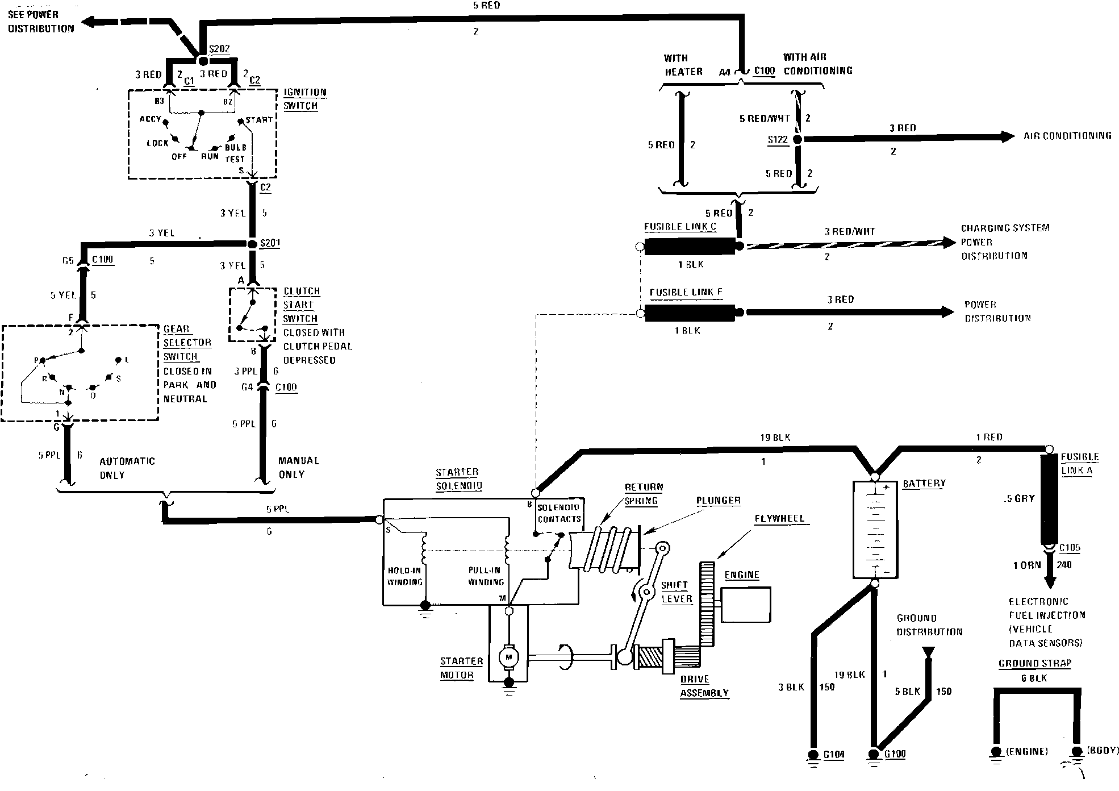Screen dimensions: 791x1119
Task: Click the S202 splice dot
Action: point(202,60)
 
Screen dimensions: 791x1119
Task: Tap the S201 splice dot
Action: point(253,244)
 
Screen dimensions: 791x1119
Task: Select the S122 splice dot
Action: point(797,139)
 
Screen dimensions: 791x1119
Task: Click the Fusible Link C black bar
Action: point(690,246)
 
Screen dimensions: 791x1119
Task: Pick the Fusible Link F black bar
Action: point(690,312)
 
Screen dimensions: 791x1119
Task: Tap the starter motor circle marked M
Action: point(508,657)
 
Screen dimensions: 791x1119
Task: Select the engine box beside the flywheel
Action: point(746,605)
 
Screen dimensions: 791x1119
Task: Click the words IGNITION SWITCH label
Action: point(305,99)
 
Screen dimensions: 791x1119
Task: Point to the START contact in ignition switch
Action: point(241,121)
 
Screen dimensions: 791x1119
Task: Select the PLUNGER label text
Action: point(719,501)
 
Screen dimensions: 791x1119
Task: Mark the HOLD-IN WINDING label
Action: point(405,576)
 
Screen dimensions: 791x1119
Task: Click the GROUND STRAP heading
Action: point(1034,663)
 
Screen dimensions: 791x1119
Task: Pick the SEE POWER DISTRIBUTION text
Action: point(41,22)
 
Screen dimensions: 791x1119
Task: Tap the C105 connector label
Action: point(1070,548)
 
